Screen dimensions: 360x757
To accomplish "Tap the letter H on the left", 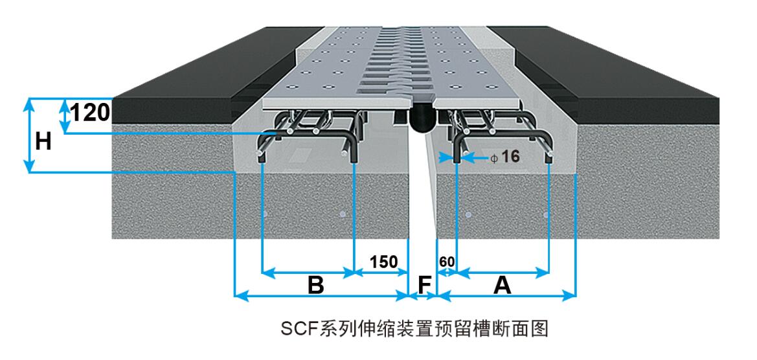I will [43, 141].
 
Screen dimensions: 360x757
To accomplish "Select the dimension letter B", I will [315, 284].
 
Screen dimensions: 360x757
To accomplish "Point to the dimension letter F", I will [424, 284].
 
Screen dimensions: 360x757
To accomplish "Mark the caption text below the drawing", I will [414, 329].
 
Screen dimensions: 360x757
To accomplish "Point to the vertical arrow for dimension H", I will [28, 135].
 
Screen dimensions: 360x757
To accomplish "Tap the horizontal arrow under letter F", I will [424, 296].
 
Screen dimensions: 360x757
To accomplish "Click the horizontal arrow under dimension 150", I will [382, 273].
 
